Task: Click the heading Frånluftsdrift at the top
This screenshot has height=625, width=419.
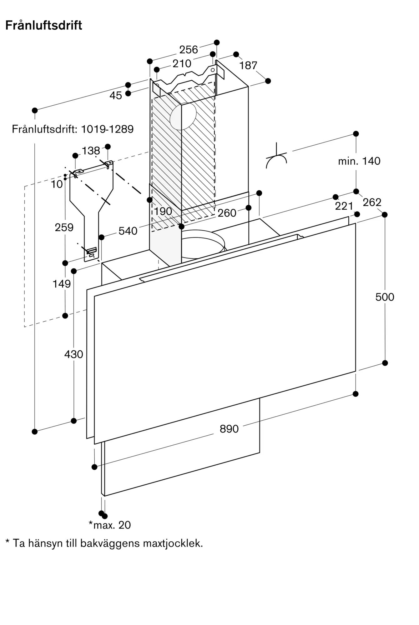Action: click(44, 25)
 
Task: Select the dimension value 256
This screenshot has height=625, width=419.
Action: click(189, 50)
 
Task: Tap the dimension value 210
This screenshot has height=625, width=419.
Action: click(182, 64)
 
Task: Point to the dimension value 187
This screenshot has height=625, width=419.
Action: click(248, 66)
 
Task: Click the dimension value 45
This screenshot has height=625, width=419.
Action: click(116, 96)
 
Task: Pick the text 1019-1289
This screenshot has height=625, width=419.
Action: click(107, 129)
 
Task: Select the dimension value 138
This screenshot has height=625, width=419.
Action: click(91, 151)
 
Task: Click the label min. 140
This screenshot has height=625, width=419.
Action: click(359, 161)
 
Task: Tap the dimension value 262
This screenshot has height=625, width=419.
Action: click(372, 202)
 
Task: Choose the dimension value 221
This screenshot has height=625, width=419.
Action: click(344, 206)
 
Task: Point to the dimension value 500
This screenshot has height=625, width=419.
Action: click(385, 297)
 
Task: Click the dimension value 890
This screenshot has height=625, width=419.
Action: click(229, 429)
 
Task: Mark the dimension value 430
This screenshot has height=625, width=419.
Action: click(74, 354)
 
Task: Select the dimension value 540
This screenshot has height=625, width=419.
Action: click(128, 231)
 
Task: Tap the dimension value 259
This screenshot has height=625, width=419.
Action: click(64, 227)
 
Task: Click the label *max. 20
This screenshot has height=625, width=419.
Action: click(110, 525)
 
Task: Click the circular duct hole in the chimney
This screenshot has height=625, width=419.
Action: click(183, 116)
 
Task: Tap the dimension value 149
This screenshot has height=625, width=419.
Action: click(62, 284)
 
